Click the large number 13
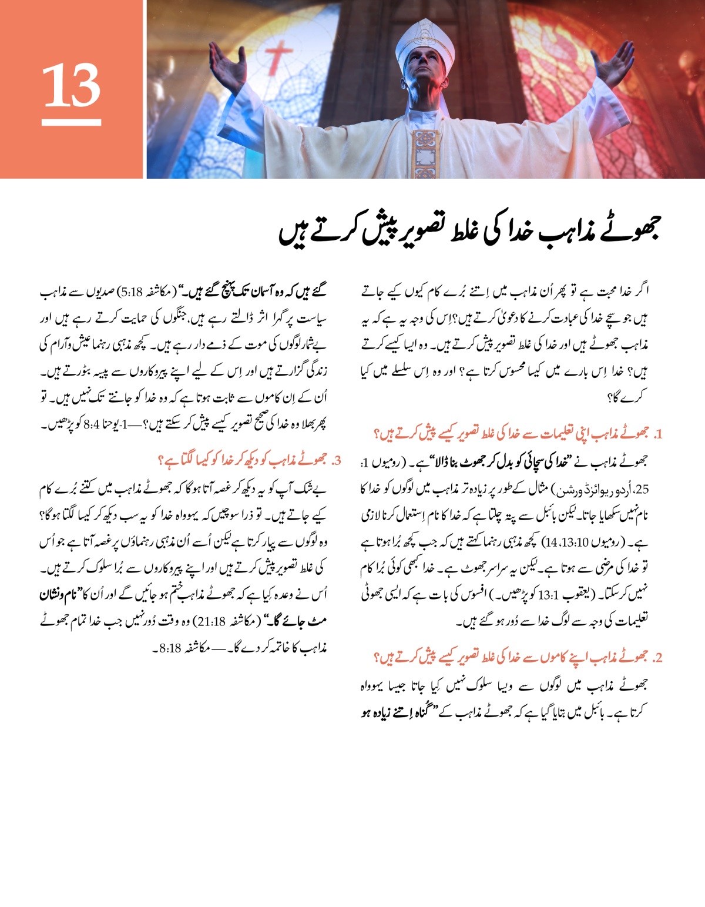coord(71,86)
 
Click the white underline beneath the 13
coord(71,122)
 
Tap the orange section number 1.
coord(657,435)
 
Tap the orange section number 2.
coord(657,658)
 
